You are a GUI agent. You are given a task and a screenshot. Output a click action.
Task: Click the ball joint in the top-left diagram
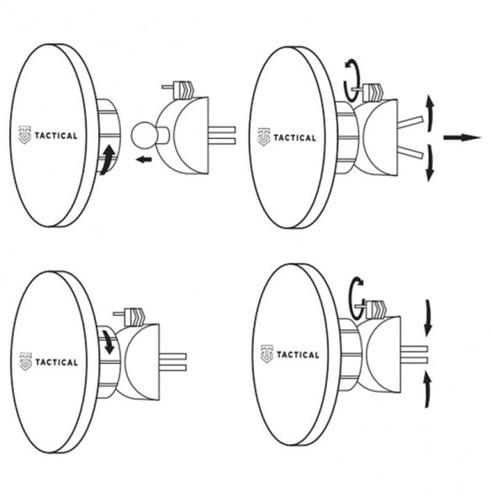coord(143,135)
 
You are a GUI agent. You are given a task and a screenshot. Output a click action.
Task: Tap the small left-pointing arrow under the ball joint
coord(144,159)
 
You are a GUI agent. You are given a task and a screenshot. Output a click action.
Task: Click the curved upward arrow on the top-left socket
coord(108,160)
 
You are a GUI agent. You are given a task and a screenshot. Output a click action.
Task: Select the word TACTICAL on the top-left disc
coord(56,136)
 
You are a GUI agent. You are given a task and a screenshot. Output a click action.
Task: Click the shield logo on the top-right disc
coord(263,137)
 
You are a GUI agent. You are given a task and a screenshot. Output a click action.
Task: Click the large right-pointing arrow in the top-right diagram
coord(462,137)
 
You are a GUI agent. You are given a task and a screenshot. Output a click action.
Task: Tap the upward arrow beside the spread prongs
coord(430,112)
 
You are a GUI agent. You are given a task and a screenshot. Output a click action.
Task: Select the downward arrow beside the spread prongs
coord(430,163)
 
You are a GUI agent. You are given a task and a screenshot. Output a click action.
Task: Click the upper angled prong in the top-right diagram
coord(410,122)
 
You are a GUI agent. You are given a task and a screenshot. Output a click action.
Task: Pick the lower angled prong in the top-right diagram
coord(410,152)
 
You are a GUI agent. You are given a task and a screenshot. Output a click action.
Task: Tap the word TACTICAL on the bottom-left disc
coord(56,362)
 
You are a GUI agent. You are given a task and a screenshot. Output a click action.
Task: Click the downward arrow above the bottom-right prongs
coord(428,318)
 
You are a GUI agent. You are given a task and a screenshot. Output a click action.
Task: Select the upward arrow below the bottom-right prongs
coord(428,390)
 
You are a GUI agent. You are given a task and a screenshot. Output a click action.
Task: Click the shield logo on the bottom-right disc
coord(267,354)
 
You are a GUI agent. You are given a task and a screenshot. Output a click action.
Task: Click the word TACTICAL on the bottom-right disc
coord(298,355)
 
